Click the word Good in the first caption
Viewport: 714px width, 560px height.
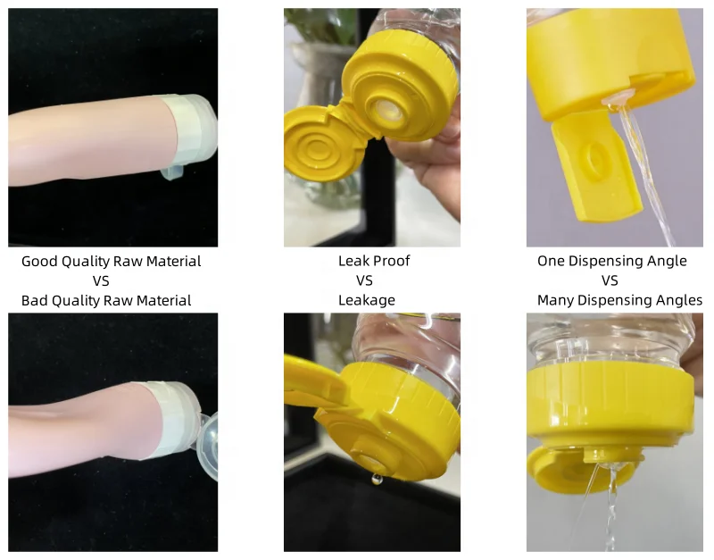point(39,262)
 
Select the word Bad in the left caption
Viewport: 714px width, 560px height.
point(36,301)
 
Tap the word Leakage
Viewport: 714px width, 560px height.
point(366,301)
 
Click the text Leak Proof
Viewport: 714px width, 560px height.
point(373,262)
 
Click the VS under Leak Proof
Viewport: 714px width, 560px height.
point(364,281)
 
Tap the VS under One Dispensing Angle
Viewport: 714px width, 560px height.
point(610,281)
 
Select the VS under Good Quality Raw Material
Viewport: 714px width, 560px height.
point(100,281)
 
